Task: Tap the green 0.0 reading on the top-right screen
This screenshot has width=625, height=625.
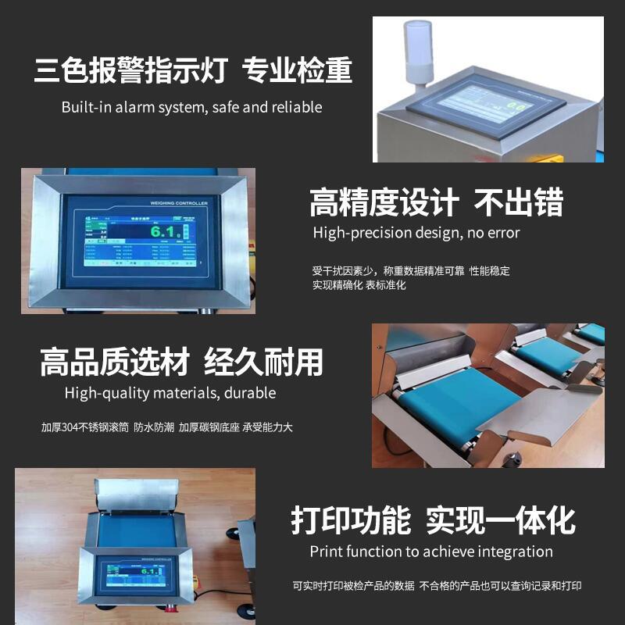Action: tap(516, 104)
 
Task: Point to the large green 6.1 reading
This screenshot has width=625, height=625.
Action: tap(164, 231)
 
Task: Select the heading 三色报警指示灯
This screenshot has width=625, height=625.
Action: tap(130, 71)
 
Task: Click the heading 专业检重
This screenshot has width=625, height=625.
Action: tap(298, 71)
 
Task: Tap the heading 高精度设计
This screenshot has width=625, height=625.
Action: tap(384, 202)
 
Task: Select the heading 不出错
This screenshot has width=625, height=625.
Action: tap(520, 202)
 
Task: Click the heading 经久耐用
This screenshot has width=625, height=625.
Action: tap(263, 362)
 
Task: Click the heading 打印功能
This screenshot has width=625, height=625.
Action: tap(351, 520)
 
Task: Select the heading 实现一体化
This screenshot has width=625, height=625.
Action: tap(500, 520)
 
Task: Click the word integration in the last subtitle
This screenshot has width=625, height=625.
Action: tap(511, 552)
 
